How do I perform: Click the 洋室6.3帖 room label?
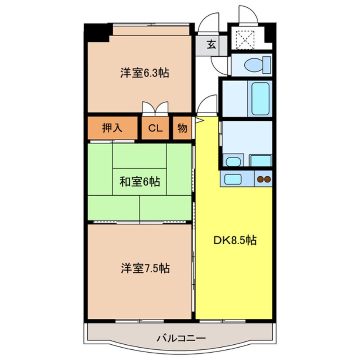[x=145, y=73]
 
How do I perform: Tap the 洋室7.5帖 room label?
[x=146, y=268]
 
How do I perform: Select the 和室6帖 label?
[x=140, y=182]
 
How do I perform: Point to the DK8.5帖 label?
[x=235, y=240]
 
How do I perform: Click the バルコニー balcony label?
[x=181, y=338]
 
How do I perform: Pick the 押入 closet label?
[x=112, y=128]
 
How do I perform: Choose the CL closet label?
[x=155, y=128]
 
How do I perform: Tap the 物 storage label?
[x=182, y=128]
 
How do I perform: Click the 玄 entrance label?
[x=211, y=44]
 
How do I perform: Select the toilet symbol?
[x=257, y=65]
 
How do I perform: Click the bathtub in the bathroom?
[x=260, y=98]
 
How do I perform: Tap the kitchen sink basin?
[x=233, y=179]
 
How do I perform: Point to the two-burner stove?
[x=264, y=179]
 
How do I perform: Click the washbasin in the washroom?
[x=233, y=162]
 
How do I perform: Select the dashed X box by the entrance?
[x=245, y=40]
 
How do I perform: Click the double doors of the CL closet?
[x=155, y=108]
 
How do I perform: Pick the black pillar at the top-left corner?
[x=97, y=33]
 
